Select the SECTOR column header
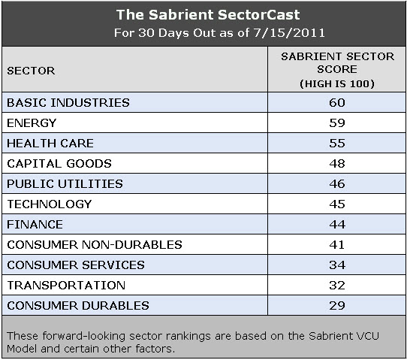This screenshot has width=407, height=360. (31, 70)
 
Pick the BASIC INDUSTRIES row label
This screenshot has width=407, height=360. (68, 102)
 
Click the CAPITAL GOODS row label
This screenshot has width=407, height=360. (59, 163)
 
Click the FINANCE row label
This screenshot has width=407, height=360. (35, 224)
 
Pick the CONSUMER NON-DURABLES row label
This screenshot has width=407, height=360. (94, 244)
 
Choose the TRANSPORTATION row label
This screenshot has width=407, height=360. (65, 285)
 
